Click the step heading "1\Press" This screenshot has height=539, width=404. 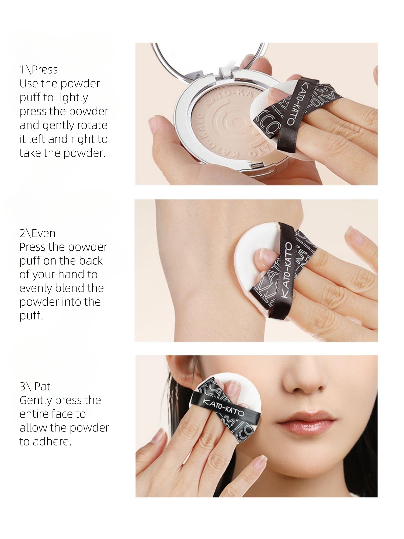(x=39, y=70)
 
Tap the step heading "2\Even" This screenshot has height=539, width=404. (x=37, y=233)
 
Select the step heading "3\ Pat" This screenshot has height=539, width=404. (x=35, y=386)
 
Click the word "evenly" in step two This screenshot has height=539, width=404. (x=36, y=288)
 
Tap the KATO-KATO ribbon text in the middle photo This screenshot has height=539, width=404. (x=287, y=269)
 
